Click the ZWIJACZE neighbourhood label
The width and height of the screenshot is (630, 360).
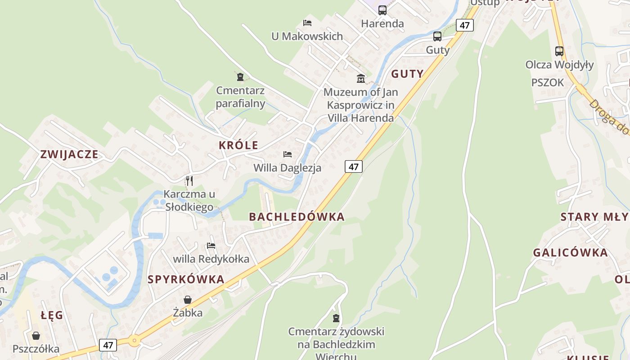click(x=69, y=154)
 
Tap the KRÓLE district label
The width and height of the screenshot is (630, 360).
click(x=238, y=145)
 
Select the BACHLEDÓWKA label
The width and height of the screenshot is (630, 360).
click(x=297, y=216)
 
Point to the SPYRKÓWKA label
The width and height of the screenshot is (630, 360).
click(x=186, y=279)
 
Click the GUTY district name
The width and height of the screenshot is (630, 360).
click(x=407, y=74)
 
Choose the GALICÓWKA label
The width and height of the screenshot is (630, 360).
click(x=570, y=252)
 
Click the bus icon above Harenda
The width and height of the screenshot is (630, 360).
click(x=382, y=10)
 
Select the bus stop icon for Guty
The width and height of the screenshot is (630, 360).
click(x=437, y=36)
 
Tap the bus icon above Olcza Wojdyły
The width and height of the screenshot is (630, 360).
click(x=559, y=51)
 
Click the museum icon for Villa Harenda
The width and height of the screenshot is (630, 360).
click(x=361, y=79)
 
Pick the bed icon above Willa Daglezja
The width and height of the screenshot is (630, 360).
click(x=288, y=154)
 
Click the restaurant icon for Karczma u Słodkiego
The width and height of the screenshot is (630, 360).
click(x=189, y=181)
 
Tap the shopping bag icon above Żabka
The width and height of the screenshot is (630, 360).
click(x=188, y=299)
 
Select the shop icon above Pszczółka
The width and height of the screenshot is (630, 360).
click(x=36, y=336)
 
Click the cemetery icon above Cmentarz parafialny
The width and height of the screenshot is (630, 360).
click(x=240, y=77)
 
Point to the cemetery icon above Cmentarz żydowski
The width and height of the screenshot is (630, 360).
click(x=336, y=319)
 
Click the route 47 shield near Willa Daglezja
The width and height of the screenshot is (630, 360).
click(x=354, y=166)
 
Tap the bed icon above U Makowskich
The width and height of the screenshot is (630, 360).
click(x=307, y=22)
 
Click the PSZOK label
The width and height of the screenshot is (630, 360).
click(x=547, y=82)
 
